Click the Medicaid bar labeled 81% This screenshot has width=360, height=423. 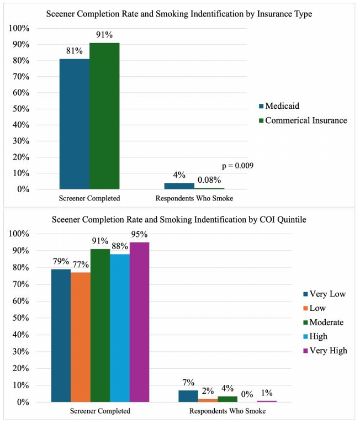click(x=75, y=124)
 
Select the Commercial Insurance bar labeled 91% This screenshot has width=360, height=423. click(x=104, y=116)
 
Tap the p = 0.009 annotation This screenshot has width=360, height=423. click(x=236, y=165)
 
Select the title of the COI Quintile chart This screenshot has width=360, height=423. click(x=180, y=220)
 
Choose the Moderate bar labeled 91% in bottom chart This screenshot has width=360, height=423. click(x=100, y=325)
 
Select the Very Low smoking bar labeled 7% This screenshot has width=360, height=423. click(x=188, y=396)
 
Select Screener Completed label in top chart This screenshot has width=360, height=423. click(x=89, y=197)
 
